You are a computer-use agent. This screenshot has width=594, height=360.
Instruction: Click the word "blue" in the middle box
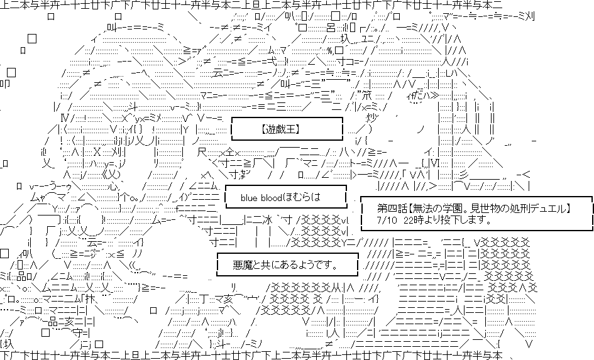coord(250,197)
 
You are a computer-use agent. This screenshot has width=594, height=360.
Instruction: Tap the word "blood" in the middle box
coord(272,197)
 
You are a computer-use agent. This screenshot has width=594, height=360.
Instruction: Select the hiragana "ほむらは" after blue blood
coord(302,197)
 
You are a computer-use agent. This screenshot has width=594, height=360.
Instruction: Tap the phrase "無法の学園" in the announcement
coord(440,209)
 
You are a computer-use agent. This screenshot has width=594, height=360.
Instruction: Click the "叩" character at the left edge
coord(4,84)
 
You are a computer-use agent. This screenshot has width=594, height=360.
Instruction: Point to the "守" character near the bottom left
coord(77,332)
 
